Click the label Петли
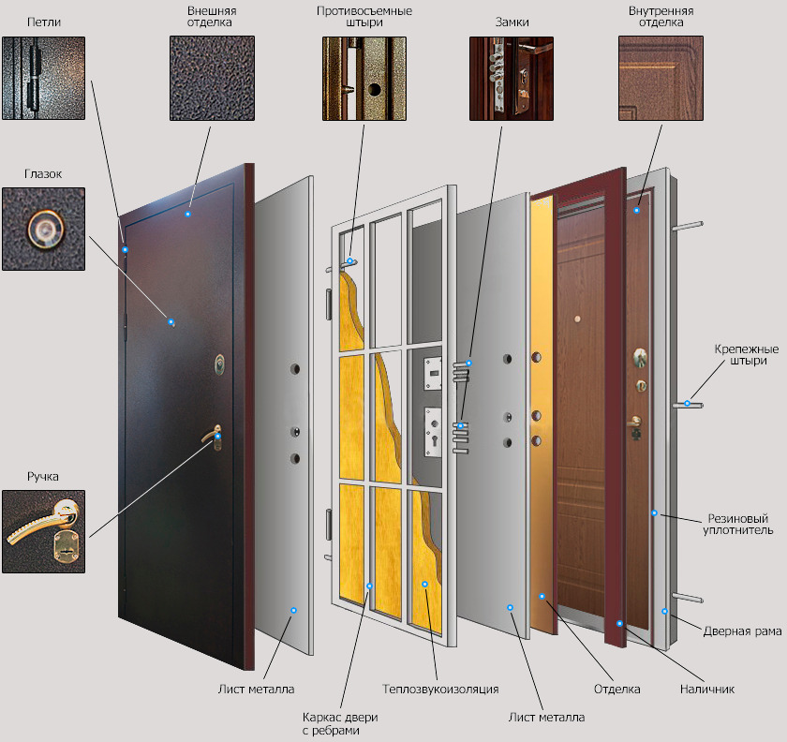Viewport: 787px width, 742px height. point(44,22)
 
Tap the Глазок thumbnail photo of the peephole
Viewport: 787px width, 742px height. point(44,229)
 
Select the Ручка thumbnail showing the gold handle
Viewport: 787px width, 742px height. point(44,531)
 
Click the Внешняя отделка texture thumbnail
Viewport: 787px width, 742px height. point(212,78)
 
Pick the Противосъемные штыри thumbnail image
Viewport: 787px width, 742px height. point(364,79)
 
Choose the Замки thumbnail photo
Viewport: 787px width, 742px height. point(512,79)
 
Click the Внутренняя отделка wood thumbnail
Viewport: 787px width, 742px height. point(661,78)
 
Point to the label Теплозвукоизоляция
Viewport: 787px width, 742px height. point(440,689)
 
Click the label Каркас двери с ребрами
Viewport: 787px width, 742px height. point(340,723)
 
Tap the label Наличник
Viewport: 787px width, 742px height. point(707,689)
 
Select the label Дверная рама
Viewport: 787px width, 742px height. point(742,631)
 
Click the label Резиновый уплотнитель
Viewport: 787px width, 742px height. point(738,524)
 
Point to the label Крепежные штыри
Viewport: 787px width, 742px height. point(747,354)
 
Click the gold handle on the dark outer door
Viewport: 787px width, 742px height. point(214,436)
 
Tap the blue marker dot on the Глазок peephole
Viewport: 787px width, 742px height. point(171,321)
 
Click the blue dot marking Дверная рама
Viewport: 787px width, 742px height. point(664,612)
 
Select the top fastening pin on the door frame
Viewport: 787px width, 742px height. point(688,226)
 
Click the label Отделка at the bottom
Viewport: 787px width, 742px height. point(616,689)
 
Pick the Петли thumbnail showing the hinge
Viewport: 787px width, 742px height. point(44,78)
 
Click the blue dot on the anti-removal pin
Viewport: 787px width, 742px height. point(349,261)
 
